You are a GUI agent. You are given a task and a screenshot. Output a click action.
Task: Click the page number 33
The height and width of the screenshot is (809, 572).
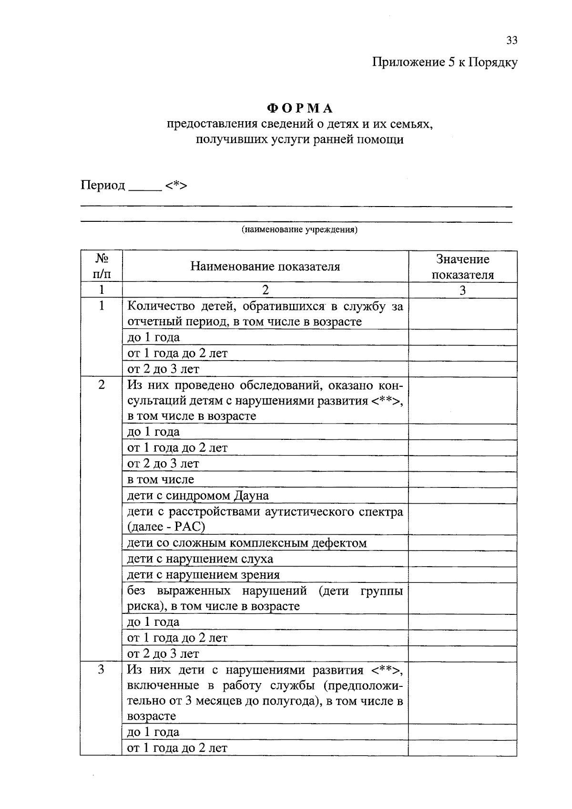click(511, 41)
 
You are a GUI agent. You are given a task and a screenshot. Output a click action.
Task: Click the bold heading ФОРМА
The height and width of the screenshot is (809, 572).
click(300, 109)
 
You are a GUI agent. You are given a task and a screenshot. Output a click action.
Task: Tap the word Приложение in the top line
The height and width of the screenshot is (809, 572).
click(408, 62)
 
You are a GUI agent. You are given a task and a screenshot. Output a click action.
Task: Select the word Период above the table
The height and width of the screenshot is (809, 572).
click(102, 185)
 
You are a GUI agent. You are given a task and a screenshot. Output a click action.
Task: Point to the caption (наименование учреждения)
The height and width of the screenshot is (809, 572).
click(299, 230)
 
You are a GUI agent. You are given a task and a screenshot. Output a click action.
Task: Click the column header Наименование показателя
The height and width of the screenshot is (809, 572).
click(265, 266)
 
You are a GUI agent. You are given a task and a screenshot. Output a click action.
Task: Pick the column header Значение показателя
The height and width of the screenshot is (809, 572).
click(462, 267)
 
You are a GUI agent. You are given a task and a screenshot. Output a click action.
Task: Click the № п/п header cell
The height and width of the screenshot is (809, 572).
click(102, 266)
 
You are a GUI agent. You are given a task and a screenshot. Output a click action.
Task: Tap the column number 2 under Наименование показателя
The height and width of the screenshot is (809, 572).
click(265, 290)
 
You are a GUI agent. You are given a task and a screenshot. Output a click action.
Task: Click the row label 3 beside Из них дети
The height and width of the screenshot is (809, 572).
click(102, 670)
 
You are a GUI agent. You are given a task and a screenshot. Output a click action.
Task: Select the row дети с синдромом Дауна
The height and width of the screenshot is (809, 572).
click(198, 496)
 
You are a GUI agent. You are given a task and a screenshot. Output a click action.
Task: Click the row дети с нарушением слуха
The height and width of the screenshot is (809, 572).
click(200, 559)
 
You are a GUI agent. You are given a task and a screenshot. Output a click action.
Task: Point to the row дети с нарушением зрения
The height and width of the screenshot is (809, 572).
click(203, 575)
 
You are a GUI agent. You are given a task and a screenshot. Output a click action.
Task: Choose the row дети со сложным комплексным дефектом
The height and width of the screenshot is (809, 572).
click(246, 543)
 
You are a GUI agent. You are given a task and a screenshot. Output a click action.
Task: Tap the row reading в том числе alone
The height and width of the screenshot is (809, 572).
click(161, 479)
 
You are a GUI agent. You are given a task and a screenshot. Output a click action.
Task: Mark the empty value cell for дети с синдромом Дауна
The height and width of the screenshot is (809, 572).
click(462, 496)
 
